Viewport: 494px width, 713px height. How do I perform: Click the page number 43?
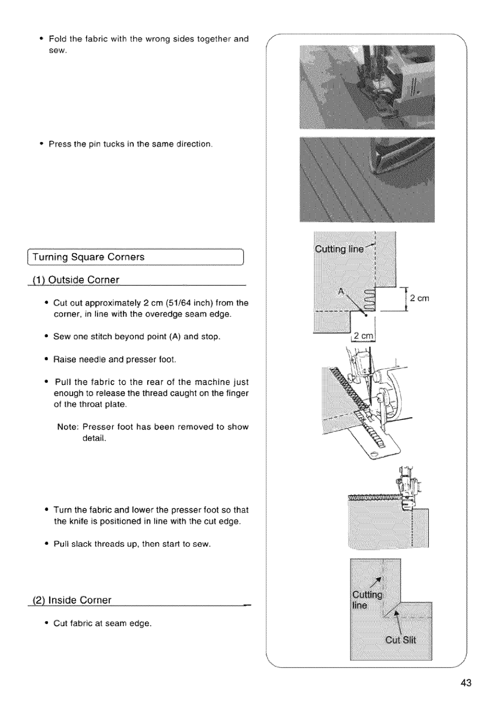coord(466,683)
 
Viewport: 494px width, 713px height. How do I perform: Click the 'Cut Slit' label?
coord(400,639)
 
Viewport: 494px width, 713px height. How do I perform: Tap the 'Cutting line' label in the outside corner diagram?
coord(339,249)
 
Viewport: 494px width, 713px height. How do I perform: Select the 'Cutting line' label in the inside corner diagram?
coord(367,600)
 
